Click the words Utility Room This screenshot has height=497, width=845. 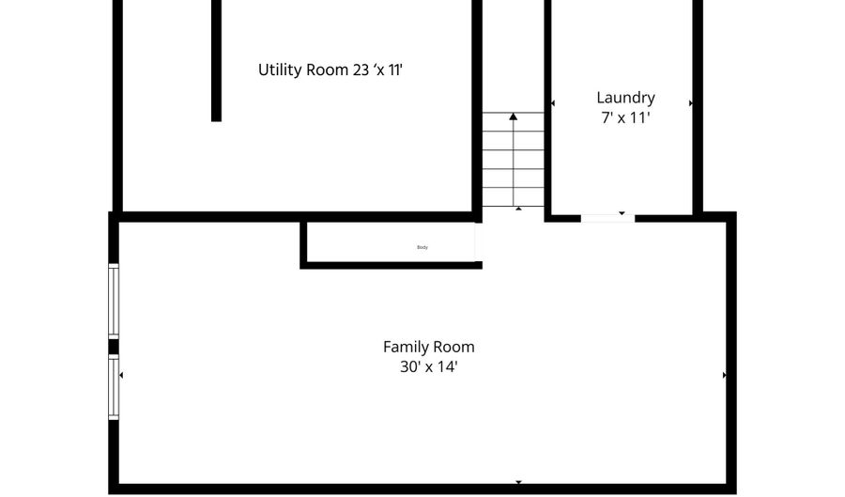click(x=305, y=70)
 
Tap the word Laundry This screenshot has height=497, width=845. click(x=625, y=98)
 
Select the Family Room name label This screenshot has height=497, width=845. click(x=428, y=347)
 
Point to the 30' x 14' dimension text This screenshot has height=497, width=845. click(x=428, y=367)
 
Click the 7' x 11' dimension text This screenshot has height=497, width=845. click(x=625, y=118)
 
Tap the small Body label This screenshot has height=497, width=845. click(x=422, y=247)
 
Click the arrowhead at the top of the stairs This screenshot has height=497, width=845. click(x=513, y=116)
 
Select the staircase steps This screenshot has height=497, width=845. click(x=513, y=160)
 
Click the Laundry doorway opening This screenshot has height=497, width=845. click(x=607, y=218)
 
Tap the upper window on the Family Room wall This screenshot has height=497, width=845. click(x=114, y=301)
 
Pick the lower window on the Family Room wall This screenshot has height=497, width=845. click(x=114, y=386)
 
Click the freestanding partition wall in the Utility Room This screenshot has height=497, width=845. click(x=216, y=60)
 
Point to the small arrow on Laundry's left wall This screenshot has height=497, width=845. click(x=553, y=103)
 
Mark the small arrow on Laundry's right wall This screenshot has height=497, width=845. click(x=691, y=103)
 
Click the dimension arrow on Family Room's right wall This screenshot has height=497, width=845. click(x=724, y=375)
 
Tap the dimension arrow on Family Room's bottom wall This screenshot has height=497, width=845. click(x=518, y=482)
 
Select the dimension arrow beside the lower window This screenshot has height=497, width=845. click(x=121, y=375)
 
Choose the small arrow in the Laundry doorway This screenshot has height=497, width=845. click(x=620, y=212)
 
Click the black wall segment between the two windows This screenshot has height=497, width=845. click(x=114, y=347)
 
